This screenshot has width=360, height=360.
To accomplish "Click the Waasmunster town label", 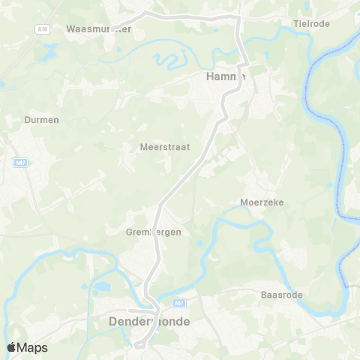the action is click(x=99, y=29).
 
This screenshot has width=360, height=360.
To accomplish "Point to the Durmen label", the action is click(x=41, y=119).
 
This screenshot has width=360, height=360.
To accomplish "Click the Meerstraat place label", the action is click(x=164, y=147).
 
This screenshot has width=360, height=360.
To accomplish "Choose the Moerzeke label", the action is click(x=261, y=202).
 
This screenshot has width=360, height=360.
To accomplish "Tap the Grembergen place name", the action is click(x=153, y=232).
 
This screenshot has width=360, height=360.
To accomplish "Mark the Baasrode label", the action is click(x=281, y=295).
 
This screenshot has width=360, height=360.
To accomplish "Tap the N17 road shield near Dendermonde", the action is click(x=178, y=303).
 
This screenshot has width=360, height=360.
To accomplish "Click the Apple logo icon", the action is click(x=12, y=347).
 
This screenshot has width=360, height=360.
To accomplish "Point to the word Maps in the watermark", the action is click(x=33, y=347).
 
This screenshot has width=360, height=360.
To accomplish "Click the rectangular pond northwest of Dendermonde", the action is click(x=100, y=286).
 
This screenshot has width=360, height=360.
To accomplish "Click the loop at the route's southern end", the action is click(x=141, y=343).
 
